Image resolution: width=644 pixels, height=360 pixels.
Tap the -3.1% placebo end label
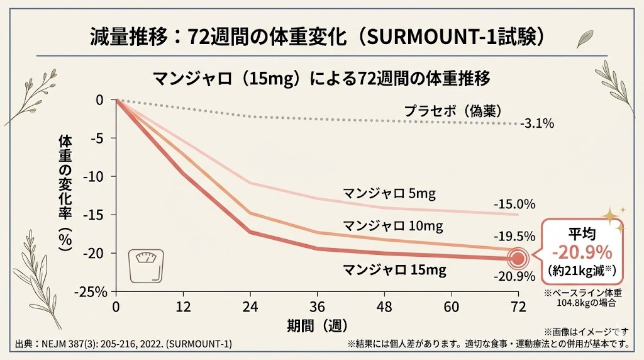point(536,124)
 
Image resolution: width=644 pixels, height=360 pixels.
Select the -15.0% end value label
point(514,204)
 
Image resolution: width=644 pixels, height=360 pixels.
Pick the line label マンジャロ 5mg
point(388,193)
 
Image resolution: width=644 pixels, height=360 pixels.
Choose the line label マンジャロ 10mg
point(392,225)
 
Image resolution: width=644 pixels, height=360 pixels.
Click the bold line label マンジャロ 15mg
point(394,270)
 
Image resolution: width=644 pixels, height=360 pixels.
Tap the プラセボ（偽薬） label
point(452,111)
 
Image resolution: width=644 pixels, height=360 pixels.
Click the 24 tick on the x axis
point(250,307)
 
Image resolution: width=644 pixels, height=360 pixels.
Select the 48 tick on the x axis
point(384,307)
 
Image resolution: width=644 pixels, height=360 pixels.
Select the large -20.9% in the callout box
point(582,253)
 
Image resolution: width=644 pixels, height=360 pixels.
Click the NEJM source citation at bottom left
point(123,344)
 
